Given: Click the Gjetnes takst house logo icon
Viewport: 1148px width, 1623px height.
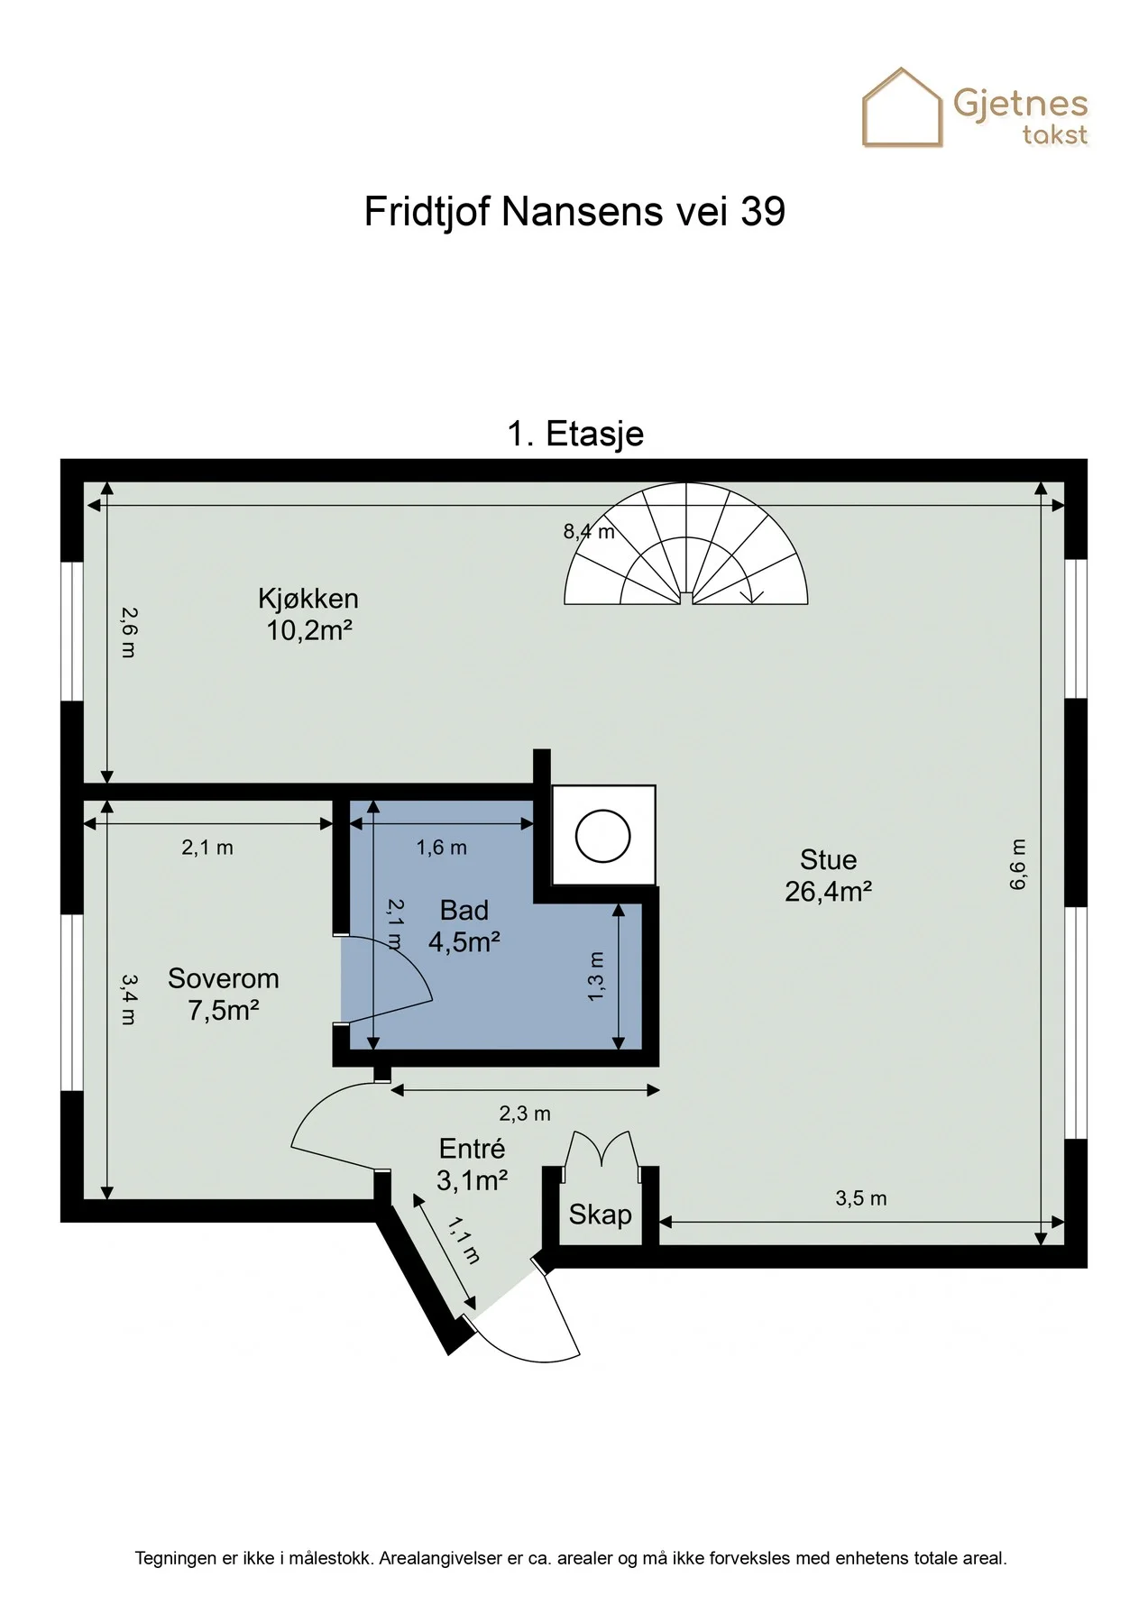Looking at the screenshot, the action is pos(902,107).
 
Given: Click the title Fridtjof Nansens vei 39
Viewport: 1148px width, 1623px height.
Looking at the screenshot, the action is pos(574,212).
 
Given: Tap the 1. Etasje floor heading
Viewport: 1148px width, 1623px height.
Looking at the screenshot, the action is pos(575,434).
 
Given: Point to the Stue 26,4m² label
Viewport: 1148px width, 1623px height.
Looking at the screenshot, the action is pos(828,876).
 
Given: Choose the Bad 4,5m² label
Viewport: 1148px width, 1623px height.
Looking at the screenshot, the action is pos(464,926).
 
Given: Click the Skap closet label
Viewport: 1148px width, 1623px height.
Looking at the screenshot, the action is pos(600,1215).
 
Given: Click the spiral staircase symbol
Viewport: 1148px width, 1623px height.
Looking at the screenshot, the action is pos(685,544).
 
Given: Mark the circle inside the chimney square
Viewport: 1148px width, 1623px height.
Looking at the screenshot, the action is pos(602,836).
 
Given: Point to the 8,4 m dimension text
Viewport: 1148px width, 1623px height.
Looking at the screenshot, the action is pos(589,532).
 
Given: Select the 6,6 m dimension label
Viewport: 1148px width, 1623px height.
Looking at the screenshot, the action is pos(1017,865).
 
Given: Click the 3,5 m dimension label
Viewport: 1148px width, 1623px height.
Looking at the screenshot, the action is pos(861,1198).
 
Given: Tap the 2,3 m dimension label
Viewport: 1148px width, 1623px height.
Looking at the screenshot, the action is pos(525,1114).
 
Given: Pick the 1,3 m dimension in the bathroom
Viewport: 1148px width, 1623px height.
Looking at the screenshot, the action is pos(595,976).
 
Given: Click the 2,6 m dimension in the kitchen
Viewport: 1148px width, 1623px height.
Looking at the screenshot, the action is pos(128,632).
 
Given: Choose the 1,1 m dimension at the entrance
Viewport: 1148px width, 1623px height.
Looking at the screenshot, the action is pos(464,1241).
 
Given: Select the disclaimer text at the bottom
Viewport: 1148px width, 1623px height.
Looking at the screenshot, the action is pos(571,1558).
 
